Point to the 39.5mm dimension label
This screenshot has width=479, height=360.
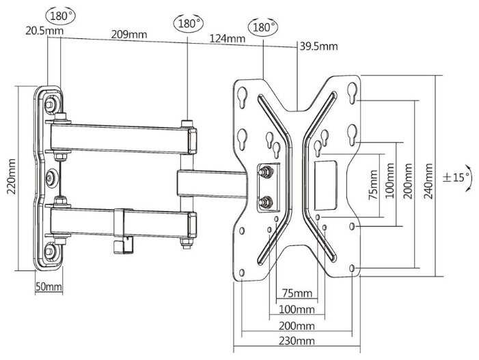(x=318, y=46)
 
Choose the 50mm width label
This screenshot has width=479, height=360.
(x=49, y=287)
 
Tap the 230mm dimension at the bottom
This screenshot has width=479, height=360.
(x=296, y=340)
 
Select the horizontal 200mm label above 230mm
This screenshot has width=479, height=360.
(x=296, y=325)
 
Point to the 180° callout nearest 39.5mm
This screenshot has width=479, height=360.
(x=264, y=27)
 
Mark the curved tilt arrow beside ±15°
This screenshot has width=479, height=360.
(x=469, y=178)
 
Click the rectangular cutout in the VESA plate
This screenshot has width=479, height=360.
(x=327, y=185)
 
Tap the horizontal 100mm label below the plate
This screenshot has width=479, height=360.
(x=295, y=309)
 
